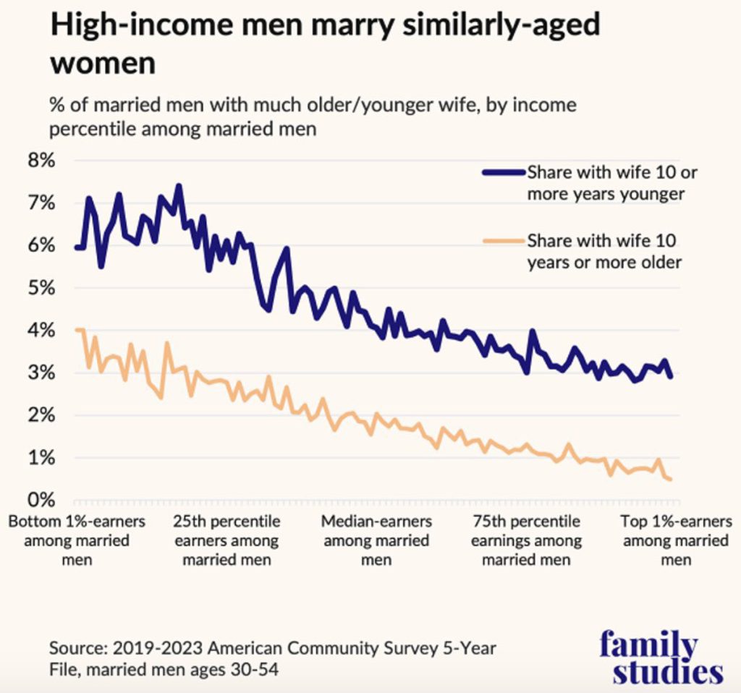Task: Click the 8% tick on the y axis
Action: [41, 161]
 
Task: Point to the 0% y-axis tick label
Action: [41, 500]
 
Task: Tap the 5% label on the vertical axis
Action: [41, 288]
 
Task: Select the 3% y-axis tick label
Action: [41, 373]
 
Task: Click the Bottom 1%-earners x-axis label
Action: [77, 540]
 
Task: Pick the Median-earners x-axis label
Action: [376, 540]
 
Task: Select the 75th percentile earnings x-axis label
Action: [526, 540]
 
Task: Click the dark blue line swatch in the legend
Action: [503, 172]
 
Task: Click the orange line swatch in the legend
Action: [503, 240]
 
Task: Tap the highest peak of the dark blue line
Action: [179, 186]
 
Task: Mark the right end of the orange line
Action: [672, 479]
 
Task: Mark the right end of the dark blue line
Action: [672, 376]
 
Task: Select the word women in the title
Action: [102, 63]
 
